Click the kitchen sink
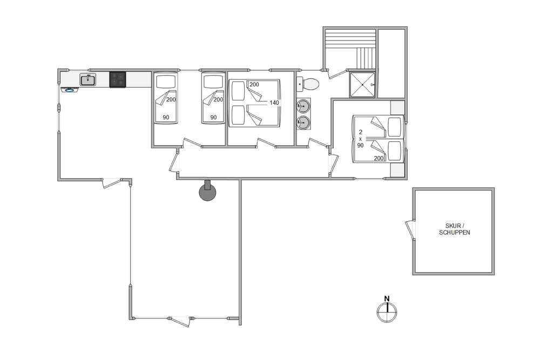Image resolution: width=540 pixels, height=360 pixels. pos(88,80)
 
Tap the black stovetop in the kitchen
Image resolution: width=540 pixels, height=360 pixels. pos(118,79)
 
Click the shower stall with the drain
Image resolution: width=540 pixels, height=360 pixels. pos(362,85)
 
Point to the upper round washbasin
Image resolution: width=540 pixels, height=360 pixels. pos(303,106)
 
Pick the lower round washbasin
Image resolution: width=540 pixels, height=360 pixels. pos(303,122)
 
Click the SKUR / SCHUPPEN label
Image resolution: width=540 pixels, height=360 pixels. pos(454,229)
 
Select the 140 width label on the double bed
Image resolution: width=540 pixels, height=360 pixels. pos(274,103)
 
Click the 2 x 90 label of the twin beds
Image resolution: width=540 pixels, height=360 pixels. pos(360,139)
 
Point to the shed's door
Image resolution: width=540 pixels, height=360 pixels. pos(410,230)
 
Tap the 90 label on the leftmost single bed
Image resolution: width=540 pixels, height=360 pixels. pos(166,117)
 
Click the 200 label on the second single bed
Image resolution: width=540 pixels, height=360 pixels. pos(218,99)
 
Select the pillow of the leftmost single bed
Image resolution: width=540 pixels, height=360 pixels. pos(166,81)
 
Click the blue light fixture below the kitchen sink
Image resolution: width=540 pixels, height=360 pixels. pos(70,90)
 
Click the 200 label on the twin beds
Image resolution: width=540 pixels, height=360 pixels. pos(379,158)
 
